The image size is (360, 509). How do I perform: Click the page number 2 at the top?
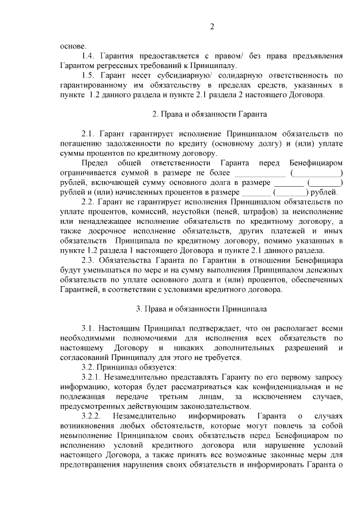(212, 26)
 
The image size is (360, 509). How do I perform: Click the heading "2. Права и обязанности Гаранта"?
(209, 114)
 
